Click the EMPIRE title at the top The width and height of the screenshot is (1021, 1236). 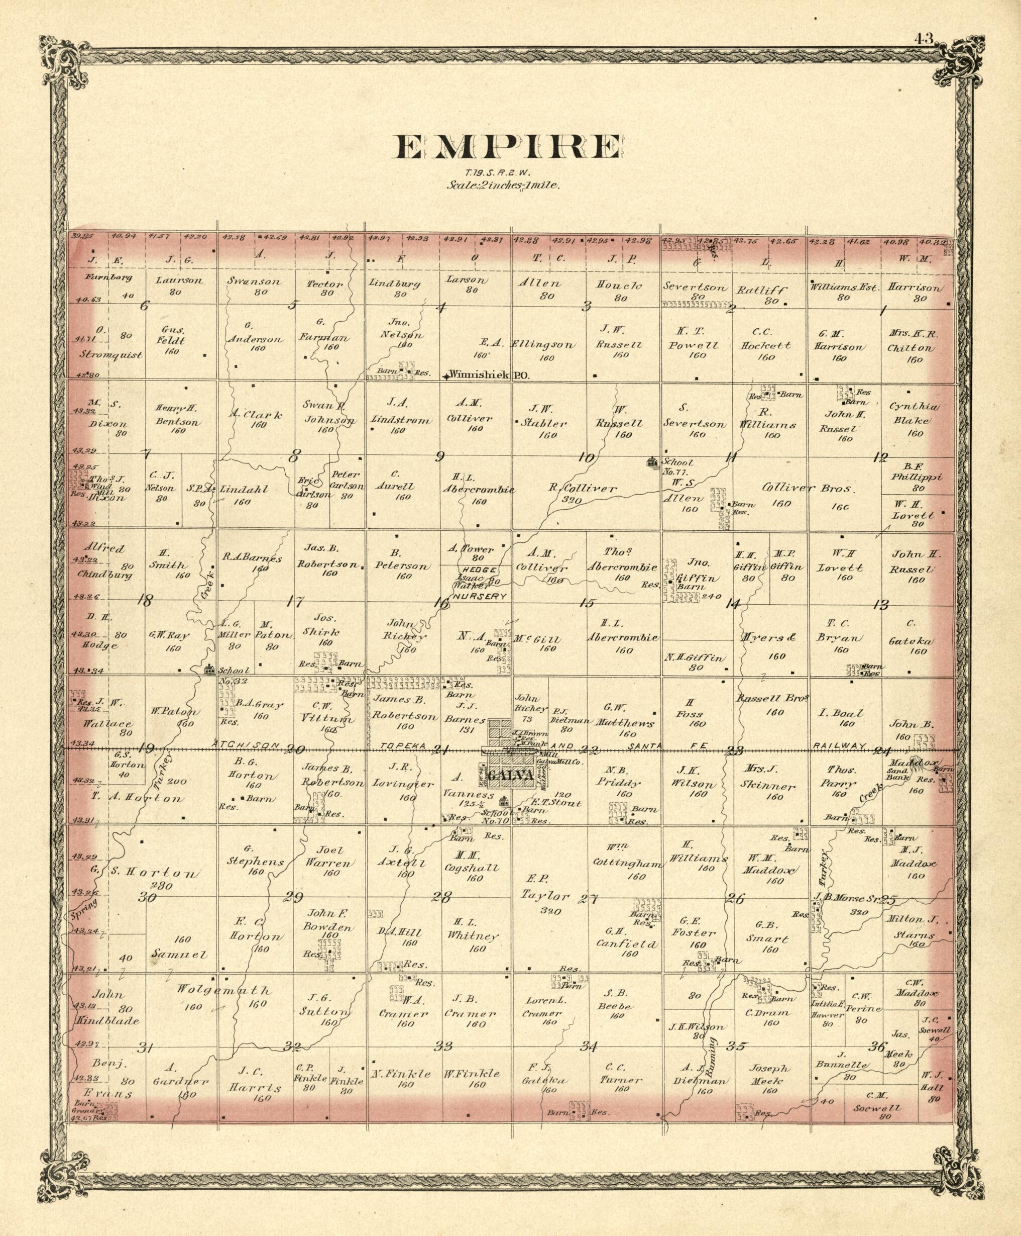[506, 148]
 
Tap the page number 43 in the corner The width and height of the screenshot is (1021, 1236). [924, 39]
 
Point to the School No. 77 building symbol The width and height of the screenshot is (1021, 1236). [652, 462]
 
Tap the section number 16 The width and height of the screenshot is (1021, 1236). [440, 603]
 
